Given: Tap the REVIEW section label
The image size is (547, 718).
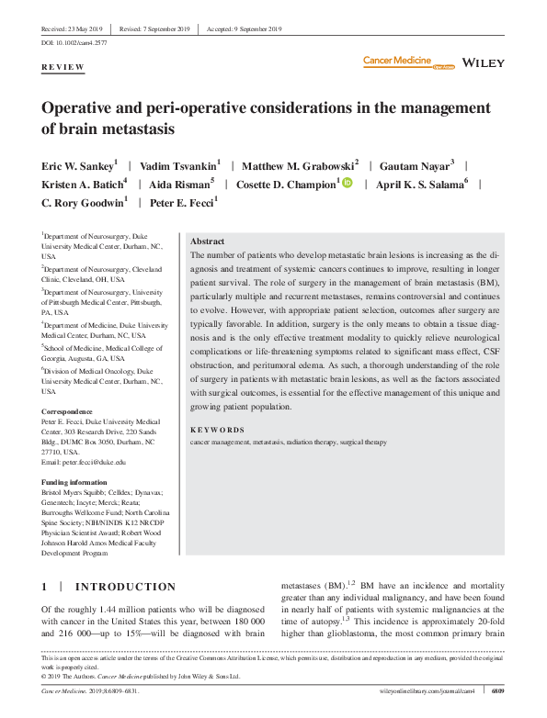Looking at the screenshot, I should pyautogui.click(x=63, y=68).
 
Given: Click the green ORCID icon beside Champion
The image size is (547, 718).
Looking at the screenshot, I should pyautogui.click(x=347, y=184).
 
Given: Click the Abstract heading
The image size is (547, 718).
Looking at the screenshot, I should pyautogui.click(x=207, y=240).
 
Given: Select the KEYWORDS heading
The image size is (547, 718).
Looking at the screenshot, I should pyautogui.click(x=217, y=430).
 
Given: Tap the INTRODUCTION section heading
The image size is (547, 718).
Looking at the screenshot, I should pyautogui.click(x=125, y=587).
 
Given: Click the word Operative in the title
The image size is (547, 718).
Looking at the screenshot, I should pyautogui.click(x=84, y=108).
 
